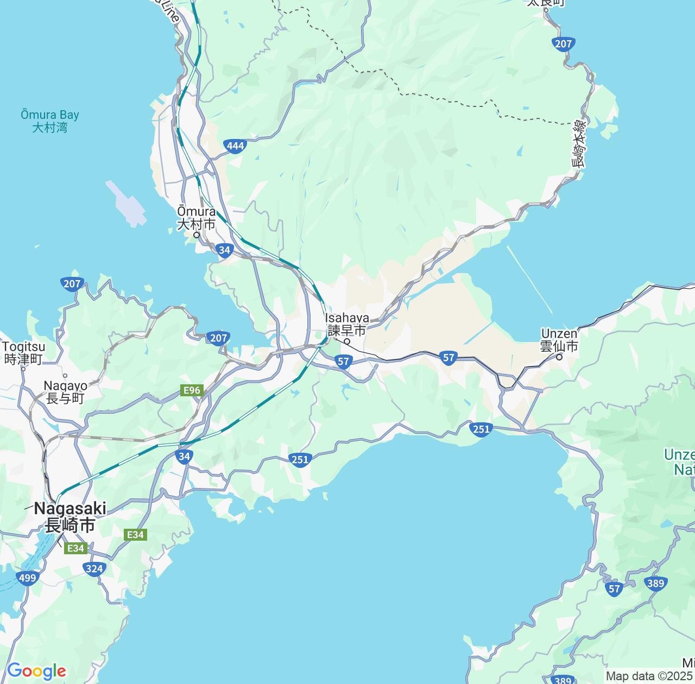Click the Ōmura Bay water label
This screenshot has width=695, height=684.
coord(49,121)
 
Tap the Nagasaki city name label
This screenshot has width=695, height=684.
coord(70,517)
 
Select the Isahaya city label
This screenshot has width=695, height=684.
coord(347,324)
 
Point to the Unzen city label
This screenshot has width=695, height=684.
coord(559,340)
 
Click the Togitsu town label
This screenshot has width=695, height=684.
coord(23,352)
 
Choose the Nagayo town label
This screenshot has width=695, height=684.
coord(65,391)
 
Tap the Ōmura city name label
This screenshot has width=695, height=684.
coord(197,217)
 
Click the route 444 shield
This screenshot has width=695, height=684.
coord(235,145)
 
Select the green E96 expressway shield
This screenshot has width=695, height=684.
coord(192,390)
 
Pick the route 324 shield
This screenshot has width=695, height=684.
coord(94,568)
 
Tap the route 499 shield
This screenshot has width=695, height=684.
coord(27,578)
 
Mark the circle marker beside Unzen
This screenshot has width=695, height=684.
coord(559,357)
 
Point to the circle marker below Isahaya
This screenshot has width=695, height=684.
coord(347,341)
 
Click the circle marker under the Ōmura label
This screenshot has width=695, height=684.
coord(197,235)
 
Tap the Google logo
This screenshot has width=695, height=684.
coord(36,671)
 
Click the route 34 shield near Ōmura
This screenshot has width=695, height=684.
coord(224,250)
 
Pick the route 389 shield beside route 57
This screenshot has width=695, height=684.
coord(656,584)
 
